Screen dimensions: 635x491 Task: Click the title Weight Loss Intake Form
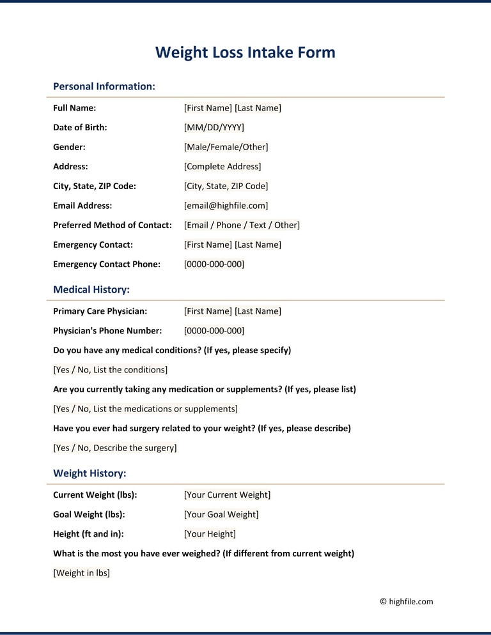(245, 52)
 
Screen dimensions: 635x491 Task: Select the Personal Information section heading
(104, 86)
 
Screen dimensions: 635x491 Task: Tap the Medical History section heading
(91, 289)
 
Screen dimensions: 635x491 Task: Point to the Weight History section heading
(90, 473)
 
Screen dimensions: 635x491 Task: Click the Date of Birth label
(80, 127)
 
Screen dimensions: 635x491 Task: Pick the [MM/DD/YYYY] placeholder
(214, 127)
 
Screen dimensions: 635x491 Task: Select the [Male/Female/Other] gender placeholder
(226, 147)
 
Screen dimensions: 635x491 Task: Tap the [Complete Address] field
(222, 166)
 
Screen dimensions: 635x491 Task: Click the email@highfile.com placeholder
(226, 206)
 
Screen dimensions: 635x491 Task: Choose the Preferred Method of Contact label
(113, 225)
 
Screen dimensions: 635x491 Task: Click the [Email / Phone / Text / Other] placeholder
(242, 225)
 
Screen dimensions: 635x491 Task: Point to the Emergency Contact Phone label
(107, 264)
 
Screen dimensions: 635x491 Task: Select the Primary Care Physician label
(100, 311)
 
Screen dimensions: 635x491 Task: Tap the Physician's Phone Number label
(107, 330)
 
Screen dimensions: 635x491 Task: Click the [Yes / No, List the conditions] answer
(110, 370)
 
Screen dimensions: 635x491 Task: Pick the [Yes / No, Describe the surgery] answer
(114, 448)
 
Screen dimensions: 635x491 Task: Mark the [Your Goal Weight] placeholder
(221, 514)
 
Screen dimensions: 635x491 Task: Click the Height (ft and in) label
(88, 533)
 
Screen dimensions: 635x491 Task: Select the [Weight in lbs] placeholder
(81, 573)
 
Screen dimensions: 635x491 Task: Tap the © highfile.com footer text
(406, 601)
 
